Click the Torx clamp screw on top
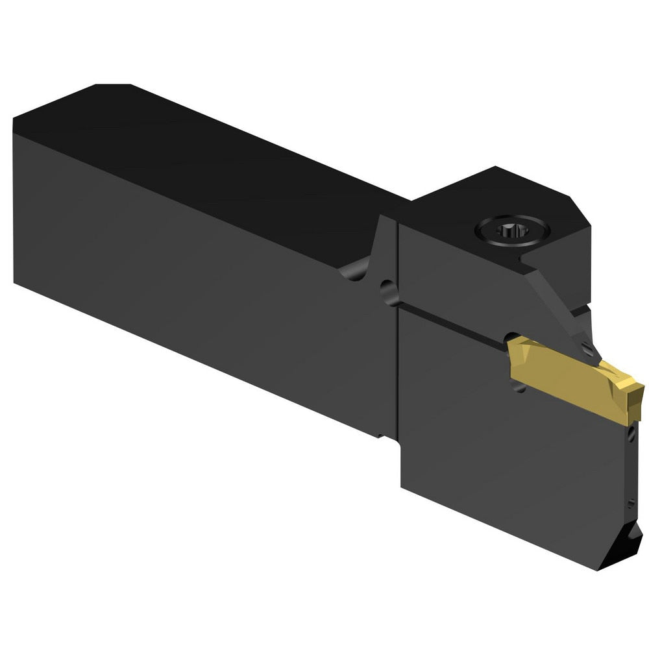point(512,229)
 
